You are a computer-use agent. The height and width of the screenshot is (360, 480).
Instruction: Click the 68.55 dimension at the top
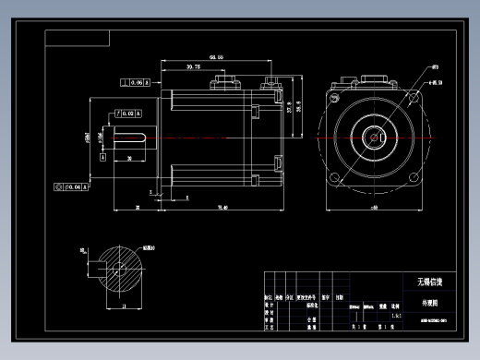(x=217, y=57)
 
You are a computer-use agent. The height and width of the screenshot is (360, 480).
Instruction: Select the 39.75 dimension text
(x=193, y=67)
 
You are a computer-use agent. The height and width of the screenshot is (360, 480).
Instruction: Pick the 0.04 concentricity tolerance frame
(x=72, y=186)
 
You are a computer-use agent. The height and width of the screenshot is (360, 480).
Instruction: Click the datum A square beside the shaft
(x=104, y=158)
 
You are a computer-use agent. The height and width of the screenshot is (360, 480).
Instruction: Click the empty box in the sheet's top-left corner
(x=78, y=38)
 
